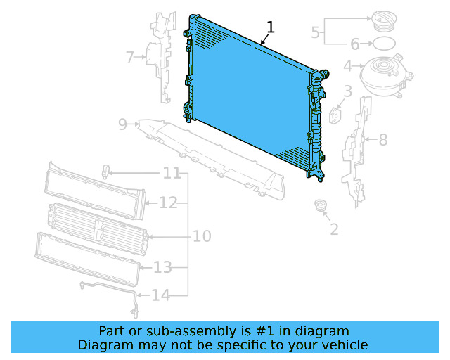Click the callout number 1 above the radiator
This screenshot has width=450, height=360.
(271, 27)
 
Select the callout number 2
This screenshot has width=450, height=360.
(334, 229)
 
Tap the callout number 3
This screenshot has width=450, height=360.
(347, 91)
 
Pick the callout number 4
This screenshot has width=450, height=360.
(347, 67)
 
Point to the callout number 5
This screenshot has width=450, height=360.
(316, 32)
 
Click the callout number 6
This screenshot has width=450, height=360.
(355, 44)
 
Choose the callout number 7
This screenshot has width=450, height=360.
(129, 57)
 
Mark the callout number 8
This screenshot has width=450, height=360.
(382, 140)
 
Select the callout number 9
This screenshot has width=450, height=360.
(122, 124)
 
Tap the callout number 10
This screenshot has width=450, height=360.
(202, 236)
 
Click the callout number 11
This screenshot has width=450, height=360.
(172, 173)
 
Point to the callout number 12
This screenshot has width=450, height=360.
(167, 203)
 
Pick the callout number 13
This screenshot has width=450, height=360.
(162, 267)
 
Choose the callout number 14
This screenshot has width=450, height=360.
(161, 295)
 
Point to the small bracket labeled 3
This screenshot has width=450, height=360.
(335, 115)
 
